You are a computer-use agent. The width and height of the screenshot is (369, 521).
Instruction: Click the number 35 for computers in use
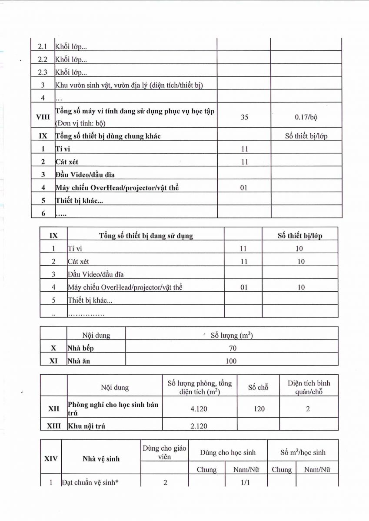pos(244,117)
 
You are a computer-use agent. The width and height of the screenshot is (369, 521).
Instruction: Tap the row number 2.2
pos(43,59)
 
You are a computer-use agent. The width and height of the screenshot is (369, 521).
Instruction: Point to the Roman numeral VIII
pos(43,117)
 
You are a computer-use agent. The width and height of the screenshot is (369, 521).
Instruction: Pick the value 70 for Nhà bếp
pos(231,348)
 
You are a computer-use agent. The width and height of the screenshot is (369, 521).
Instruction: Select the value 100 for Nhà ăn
pos(231,361)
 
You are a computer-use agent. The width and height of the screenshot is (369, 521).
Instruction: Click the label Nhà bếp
pos(81,348)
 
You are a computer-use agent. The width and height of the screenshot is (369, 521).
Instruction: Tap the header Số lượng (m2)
pos(231,335)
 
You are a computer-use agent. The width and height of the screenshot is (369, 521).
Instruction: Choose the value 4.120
pos(200,409)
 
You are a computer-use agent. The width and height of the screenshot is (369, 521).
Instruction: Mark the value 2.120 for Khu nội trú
pos(200,426)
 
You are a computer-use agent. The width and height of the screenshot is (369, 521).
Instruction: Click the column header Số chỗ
pos(258,387)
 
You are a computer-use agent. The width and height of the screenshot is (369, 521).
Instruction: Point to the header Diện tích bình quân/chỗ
pos(309,387)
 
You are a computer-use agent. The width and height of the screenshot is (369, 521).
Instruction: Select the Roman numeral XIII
pos(54,426)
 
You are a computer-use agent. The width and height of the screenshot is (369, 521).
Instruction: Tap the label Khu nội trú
pos(86,426)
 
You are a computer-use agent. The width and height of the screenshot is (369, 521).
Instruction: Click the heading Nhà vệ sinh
pos(101,458)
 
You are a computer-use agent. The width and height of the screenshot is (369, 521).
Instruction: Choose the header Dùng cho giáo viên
pos(165,452)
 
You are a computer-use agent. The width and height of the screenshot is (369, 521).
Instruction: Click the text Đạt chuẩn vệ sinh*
pos(90,482)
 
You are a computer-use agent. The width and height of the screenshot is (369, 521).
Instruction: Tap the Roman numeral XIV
pos(51,458)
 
